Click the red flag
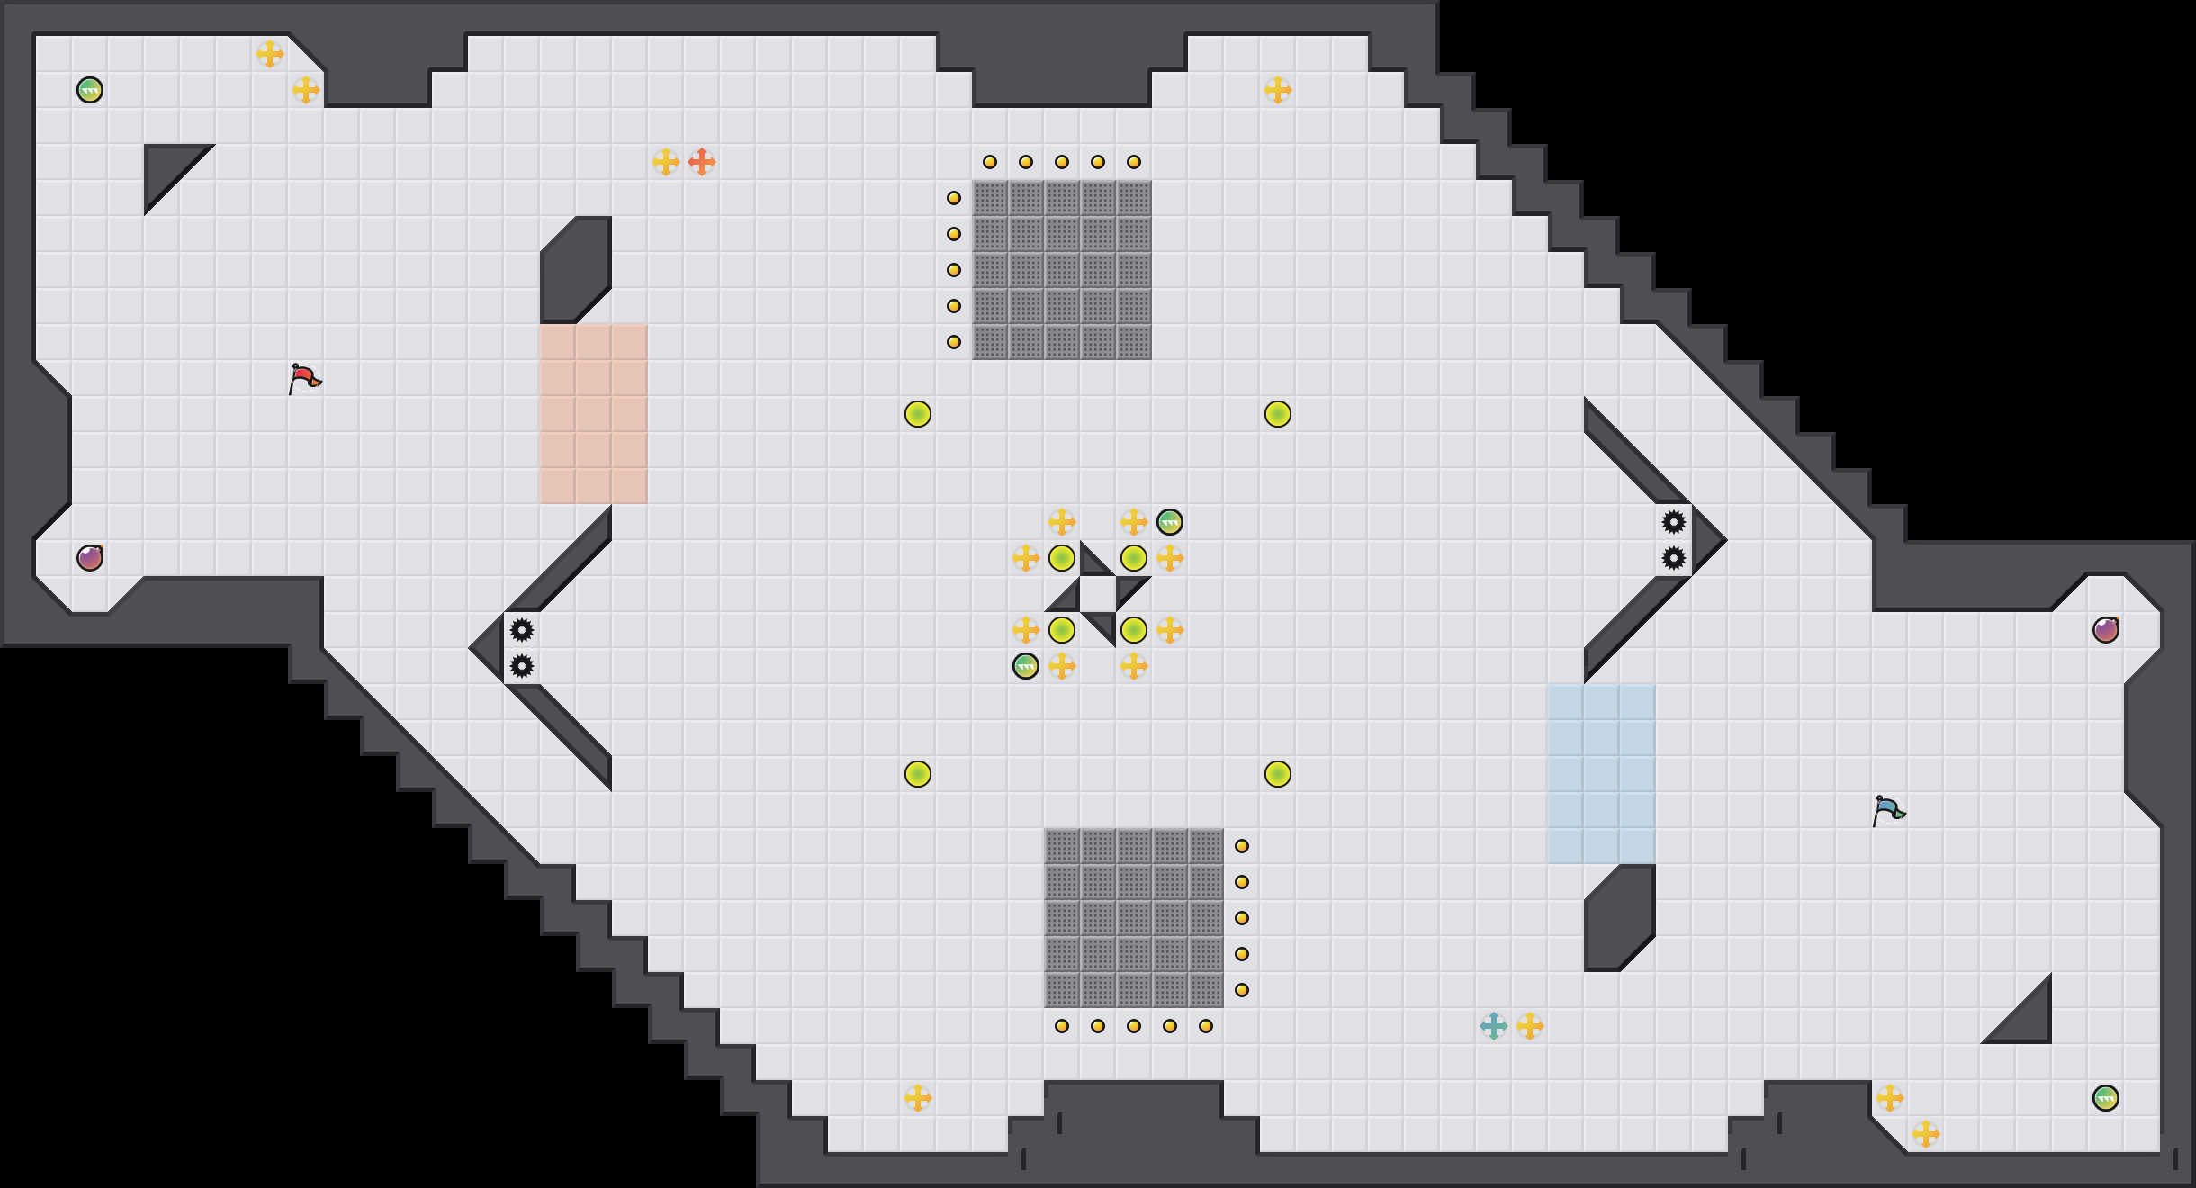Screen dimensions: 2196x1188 pos(304,378)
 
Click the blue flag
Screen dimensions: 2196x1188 pos(1888,810)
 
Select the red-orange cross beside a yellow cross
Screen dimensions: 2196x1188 pos(701,162)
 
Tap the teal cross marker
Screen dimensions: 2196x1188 pos(1493,1026)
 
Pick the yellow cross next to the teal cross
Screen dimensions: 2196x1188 pos(1530,1026)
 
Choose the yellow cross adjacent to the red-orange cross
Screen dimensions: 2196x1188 pos(665,162)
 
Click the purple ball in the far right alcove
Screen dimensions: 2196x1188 pos(2105,630)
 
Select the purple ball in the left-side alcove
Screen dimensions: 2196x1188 pos(90,558)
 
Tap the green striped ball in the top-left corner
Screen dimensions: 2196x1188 pos(90,90)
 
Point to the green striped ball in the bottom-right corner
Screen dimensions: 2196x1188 pos(2105,1098)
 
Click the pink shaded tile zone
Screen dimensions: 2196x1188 pos(593,414)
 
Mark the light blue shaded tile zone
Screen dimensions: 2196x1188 pos(1601,774)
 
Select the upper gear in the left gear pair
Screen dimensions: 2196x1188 pos(522,630)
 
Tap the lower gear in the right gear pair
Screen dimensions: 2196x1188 pos(1673,558)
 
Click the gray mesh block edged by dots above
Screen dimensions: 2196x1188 pos(1062,270)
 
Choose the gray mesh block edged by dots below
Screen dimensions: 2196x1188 pos(1134,918)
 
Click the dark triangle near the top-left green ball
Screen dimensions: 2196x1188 pos(166,166)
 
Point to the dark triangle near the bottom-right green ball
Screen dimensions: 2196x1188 pos(2029,1021)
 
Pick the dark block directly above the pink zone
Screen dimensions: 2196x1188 pos(576,270)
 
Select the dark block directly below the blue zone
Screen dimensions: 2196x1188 pos(1620,918)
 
